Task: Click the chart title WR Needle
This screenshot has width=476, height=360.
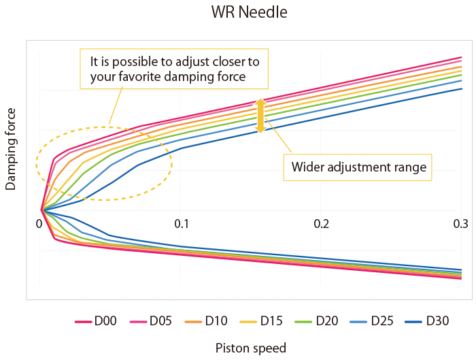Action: pyautogui.click(x=238, y=13)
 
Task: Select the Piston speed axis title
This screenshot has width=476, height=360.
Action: pyautogui.click(x=251, y=348)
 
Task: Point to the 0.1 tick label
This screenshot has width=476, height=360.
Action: pyautogui.click(x=181, y=224)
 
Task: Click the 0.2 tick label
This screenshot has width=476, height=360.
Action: pyautogui.click(x=321, y=224)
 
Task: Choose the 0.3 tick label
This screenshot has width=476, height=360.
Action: pyautogui.click(x=461, y=224)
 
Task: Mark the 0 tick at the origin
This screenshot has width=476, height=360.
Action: pyautogui.click(x=40, y=224)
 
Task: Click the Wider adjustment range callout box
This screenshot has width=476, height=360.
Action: pyautogui.click(x=358, y=167)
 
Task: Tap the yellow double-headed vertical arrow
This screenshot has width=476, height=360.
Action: pyautogui.click(x=260, y=116)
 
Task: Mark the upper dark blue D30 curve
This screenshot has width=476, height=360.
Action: pyautogui.click(x=340, y=112)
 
